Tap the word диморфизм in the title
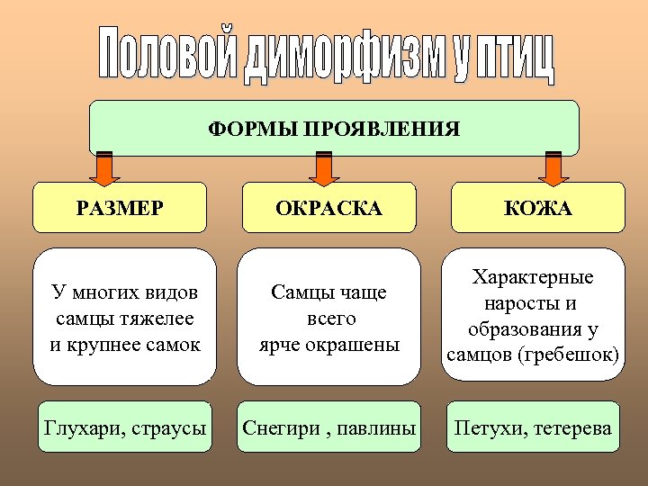[x=347, y=57]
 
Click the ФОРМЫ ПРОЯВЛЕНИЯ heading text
[x=334, y=129]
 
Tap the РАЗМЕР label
[x=120, y=209]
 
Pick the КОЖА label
[x=538, y=209]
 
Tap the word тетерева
[x=573, y=427]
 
